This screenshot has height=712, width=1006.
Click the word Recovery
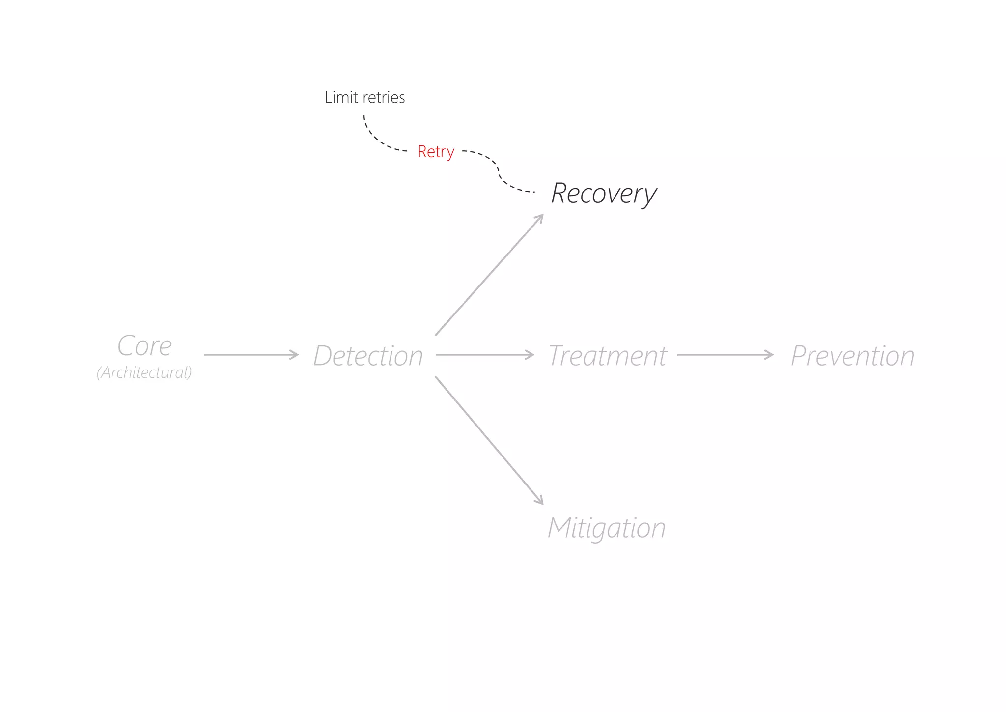point(604,193)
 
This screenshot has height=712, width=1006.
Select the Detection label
point(368,355)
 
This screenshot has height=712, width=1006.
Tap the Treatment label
point(607,355)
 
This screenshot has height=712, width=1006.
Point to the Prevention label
point(852,355)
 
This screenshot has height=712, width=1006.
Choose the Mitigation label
point(607,528)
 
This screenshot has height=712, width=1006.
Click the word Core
point(144,345)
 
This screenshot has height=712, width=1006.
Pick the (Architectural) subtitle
point(144,372)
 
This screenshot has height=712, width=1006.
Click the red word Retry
point(436,151)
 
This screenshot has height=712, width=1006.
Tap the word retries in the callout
point(385,97)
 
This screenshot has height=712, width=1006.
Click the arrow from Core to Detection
point(251,354)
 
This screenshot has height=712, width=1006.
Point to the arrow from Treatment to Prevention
point(725,354)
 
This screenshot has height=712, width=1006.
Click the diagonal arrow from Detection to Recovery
point(489,275)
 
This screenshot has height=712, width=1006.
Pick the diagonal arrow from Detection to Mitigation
point(489,440)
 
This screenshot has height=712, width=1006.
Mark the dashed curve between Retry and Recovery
point(498,170)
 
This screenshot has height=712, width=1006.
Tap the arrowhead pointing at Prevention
point(770,354)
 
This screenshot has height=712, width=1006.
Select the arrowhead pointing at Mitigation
point(539,500)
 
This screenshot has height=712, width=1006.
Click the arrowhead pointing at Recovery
point(539,219)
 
